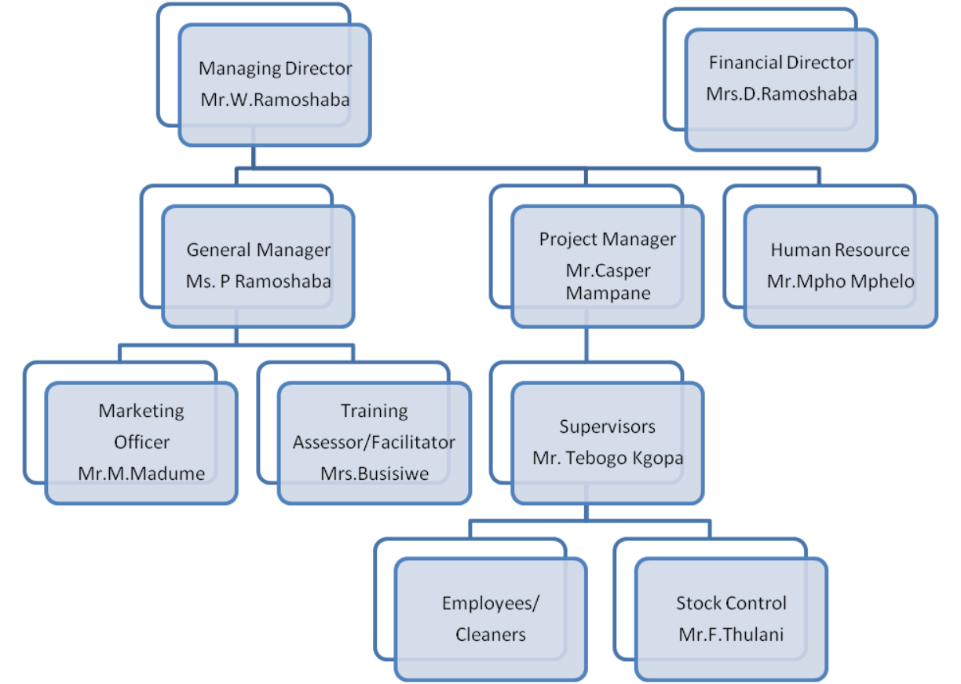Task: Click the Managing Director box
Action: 274,85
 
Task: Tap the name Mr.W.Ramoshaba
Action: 275,101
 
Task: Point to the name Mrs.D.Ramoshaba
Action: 781,94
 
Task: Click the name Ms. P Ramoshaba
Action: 258,281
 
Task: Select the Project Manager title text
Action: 607,240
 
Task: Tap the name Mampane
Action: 608,294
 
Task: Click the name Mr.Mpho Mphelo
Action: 840,281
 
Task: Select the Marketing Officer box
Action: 141,442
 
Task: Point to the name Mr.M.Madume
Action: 141,474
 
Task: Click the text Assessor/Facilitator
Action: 374,442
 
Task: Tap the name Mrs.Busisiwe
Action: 375,474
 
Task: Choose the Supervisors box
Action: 607,442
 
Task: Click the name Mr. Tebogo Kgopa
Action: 608,458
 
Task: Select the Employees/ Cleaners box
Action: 491,619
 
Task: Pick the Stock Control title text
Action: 731,603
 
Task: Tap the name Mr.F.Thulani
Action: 731,635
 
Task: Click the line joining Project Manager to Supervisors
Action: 586,344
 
